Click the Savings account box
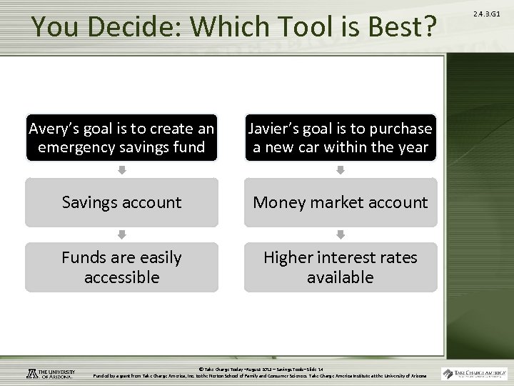(121, 202)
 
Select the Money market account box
(340, 202)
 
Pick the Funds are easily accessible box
(121, 267)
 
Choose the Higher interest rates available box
(340, 267)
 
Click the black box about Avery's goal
(121, 138)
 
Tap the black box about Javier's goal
(340, 138)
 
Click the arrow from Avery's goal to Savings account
(121, 170)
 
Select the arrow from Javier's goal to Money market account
(340, 170)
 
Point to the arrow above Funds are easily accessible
(121, 234)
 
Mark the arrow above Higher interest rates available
(340, 234)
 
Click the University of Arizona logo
(51, 373)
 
